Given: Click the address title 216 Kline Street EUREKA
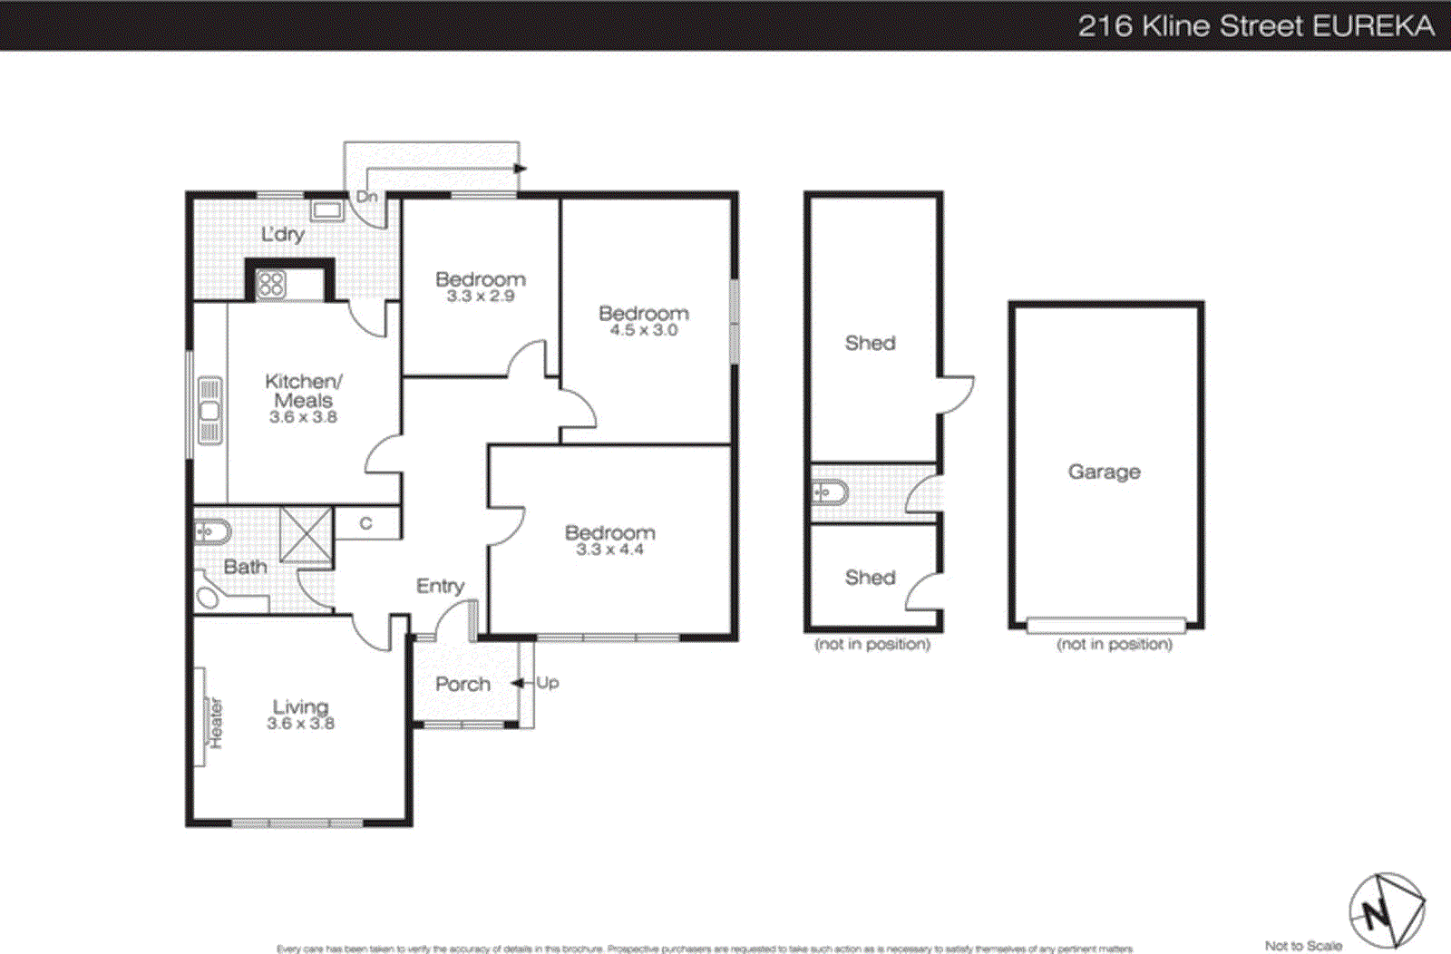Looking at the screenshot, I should click(x=1255, y=25).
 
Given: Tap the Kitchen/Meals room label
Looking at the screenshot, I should click(x=303, y=391).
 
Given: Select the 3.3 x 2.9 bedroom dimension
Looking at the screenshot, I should click(x=480, y=297).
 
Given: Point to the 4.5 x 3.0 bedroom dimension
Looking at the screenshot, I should click(x=643, y=330).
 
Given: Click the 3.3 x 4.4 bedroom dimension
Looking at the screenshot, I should click(x=609, y=550).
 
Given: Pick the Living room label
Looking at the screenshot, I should click(x=300, y=706).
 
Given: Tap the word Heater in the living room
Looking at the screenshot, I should click(x=216, y=723).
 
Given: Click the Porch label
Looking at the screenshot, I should click(x=463, y=685).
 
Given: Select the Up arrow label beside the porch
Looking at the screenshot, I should click(x=547, y=683).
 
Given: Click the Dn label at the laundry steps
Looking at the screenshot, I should click(x=366, y=197).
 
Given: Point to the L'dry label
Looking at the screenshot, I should click(x=283, y=234).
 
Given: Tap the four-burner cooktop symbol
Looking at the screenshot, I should click(x=271, y=284).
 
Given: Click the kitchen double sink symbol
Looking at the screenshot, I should click(x=209, y=411).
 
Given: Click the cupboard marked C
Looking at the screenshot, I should click(x=366, y=523).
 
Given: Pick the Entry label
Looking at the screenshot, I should click(x=440, y=587).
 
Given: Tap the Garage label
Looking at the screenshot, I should click(x=1104, y=472).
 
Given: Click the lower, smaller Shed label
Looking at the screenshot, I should click(x=870, y=578).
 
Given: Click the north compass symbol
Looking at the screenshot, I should click(x=1385, y=911).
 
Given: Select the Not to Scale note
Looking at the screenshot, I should click(x=1303, y=946).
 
